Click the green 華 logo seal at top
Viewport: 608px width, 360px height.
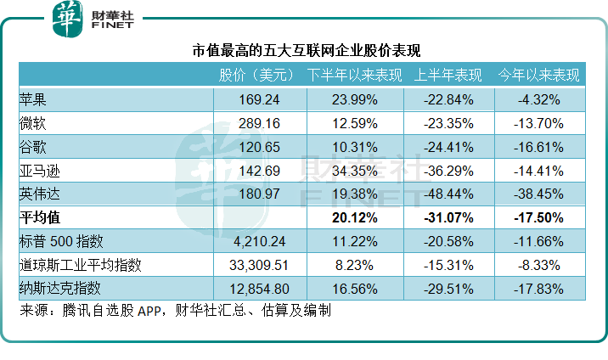(x=67, y=19)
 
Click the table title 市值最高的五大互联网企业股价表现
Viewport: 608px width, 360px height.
(x=307, y=50)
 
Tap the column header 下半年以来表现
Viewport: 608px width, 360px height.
(x=354, y=75)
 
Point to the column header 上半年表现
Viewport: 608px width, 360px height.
(x=448, y=75)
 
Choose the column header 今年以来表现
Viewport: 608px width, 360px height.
(x=538, y=75)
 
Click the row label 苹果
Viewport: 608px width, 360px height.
(x=33, y=99)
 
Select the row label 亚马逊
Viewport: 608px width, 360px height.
(x=40, y=171)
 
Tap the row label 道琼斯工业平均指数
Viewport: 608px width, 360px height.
(x=81, y=265)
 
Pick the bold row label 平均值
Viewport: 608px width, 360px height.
(x=40, y=217)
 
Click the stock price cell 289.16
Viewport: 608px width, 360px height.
(x=259, y=123)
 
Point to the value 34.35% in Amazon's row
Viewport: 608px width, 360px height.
(x=355, y=171)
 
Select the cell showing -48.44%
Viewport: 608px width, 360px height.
(x=448, y=194)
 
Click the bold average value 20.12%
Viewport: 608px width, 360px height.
(x=355, y=217)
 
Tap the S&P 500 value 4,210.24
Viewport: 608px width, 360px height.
(x=259, y=241)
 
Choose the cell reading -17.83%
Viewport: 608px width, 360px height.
(x=538, y=289)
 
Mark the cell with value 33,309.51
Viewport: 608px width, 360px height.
(x=259, y=265)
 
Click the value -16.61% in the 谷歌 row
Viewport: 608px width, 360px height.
(x=538, y=147)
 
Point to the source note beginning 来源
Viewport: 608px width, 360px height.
(x=175, y=310)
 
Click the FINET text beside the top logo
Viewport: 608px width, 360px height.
(x=112, y=25)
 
